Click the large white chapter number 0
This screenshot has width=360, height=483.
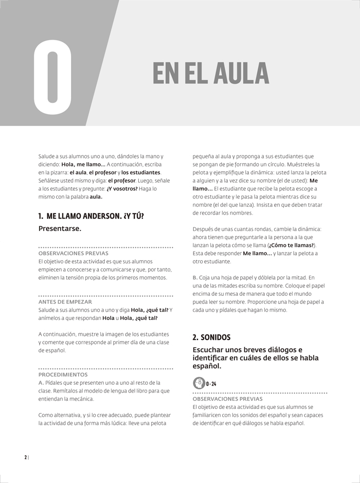click(x=53, y=77)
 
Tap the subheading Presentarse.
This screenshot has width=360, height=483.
click(x=60, y=228)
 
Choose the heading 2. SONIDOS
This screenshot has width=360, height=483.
click(x=211, y=337)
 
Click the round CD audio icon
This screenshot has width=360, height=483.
click(x=199, y=384)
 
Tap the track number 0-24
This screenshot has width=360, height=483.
click(x=211, y=384)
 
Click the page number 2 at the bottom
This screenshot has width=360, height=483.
click(x=25, y=458)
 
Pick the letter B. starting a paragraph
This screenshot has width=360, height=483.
click(x=195, y=278)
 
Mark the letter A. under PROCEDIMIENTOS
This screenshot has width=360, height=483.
click(x=41, y=383)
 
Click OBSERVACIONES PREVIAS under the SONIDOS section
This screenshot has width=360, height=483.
click(x=227, y=399)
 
